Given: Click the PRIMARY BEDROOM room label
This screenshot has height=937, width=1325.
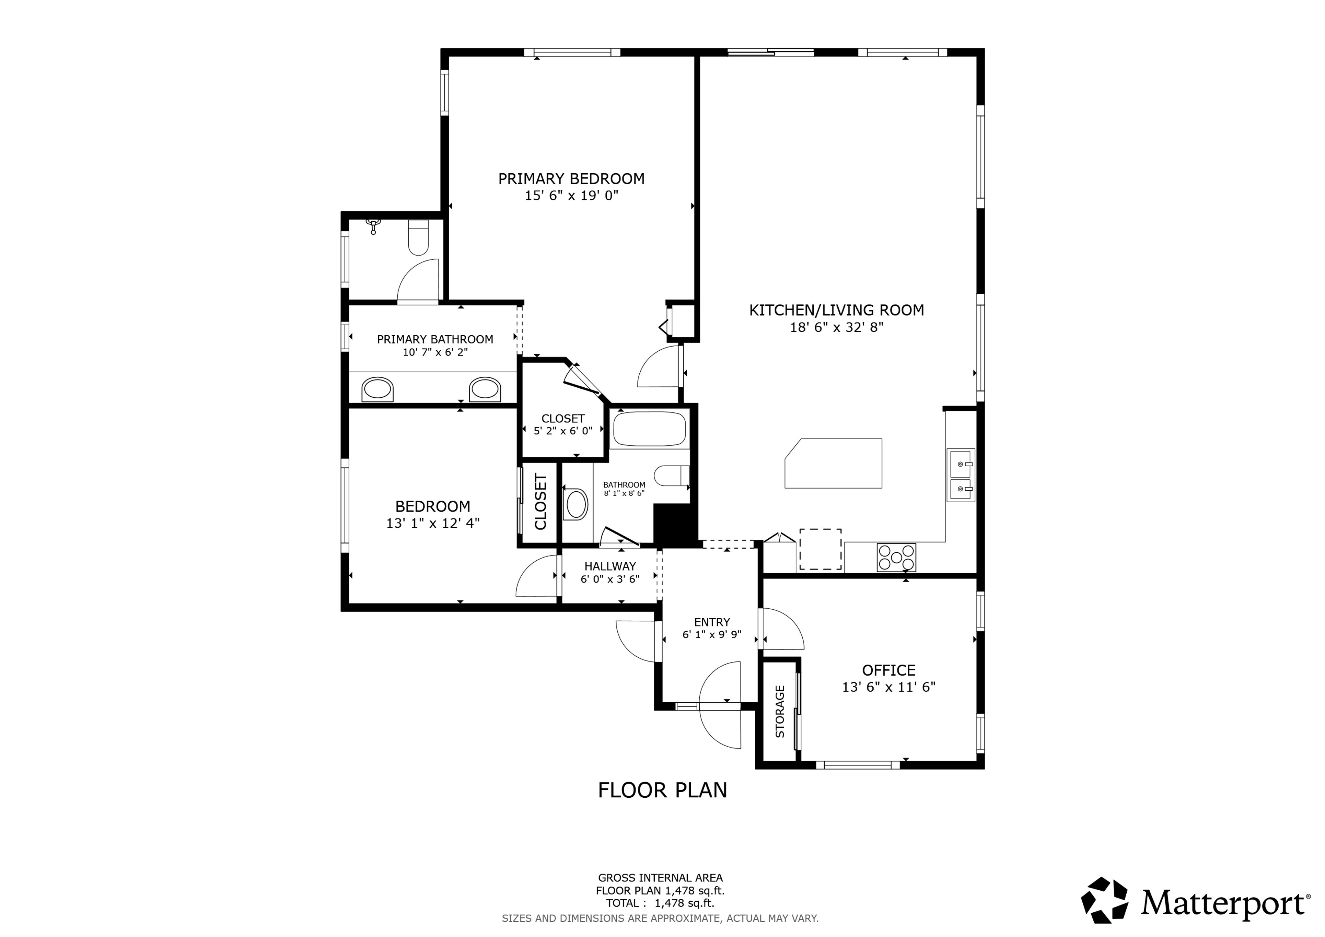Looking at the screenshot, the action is [571, 179].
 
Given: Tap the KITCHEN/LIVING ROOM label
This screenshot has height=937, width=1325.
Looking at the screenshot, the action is [837, 311].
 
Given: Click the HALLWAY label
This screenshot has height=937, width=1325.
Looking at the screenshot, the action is [610, 566].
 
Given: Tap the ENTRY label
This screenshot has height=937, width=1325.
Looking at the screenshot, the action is [712, 622].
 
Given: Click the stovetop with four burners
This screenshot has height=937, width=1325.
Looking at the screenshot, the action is [896, 557].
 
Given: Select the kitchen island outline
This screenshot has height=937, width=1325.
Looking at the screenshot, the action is [833, 463].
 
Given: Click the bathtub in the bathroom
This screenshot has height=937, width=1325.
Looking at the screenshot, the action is [649, 429].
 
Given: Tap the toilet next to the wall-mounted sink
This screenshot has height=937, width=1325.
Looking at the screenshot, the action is [418, 238].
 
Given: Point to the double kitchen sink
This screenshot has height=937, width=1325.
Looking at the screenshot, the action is [961, 475].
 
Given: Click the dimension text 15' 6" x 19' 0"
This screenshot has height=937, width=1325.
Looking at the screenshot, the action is [571, 196].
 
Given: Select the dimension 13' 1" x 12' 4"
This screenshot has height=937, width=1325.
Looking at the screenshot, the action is [433, 523].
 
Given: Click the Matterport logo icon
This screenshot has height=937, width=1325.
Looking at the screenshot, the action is [1105, 900].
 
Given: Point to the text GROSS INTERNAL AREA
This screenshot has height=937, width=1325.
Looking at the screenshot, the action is [660, 878].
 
